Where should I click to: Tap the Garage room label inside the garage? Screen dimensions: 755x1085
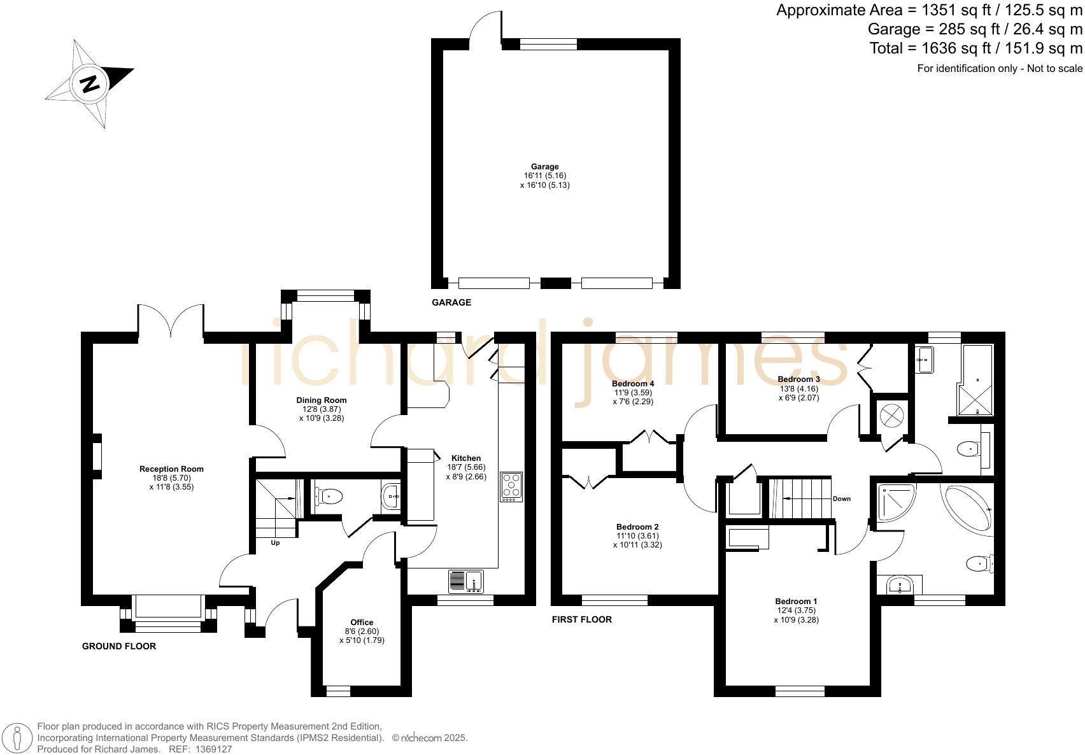click(x=544, y=167)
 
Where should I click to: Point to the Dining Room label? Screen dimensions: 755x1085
click(x=322, y=400)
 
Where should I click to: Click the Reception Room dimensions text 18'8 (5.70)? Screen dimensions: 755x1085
click(x=171, y=478)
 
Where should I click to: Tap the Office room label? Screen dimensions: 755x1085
click(x=362, y=623)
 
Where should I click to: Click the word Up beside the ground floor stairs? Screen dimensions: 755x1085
click(x=275, y=543)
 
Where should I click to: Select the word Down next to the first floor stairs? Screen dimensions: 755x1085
click(x=841, y=498)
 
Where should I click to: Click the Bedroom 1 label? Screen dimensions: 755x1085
click(x=796, y=602)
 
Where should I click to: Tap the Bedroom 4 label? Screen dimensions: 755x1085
click(x=633, y=384)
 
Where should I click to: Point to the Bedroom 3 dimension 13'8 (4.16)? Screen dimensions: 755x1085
click(x=798, y=388)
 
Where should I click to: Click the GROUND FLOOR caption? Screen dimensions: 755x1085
click(x=119, y=646)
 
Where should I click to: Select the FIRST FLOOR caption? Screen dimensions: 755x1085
click(x=581, y=619)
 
